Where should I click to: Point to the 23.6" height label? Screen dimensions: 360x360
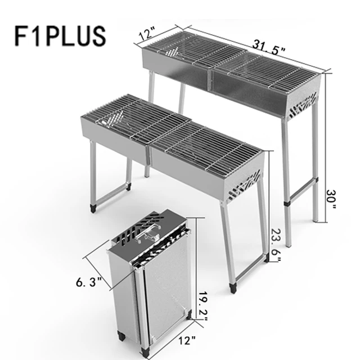point(275,242)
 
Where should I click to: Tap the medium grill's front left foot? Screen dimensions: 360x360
point(93,209)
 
